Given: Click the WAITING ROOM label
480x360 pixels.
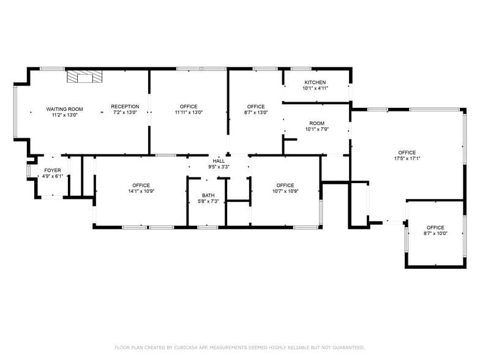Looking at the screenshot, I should coord(64,110).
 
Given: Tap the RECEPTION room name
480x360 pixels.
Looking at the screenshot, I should coord(125,107).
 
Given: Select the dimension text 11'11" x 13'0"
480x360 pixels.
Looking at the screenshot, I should coord(189,113).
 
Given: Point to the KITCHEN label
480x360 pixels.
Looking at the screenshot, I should coord(315,82).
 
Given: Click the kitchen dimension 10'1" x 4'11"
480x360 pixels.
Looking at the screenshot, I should coord(315,88).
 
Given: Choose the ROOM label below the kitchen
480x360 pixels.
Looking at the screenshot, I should coord(317,123).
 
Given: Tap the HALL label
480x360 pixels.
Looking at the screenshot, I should coord(219,161).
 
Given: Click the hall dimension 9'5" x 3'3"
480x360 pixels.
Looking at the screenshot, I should coord(219,167).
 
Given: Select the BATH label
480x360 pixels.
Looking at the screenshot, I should coord(208,195).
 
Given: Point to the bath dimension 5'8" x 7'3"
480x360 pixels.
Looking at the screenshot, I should coord(208,201).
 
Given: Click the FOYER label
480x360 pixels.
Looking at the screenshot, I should coord(52,170).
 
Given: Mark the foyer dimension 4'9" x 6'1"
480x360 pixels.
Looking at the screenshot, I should coord(52,176).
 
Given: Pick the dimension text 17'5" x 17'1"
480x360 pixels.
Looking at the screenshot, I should coord(407,159).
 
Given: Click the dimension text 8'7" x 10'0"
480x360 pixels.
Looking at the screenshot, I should coord(435,233).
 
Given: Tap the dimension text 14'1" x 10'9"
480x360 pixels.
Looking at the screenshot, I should coord(141,191).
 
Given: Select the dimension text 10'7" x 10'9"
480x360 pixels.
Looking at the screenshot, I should coord(285,191).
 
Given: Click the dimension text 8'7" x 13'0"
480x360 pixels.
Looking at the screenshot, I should coord(256,113).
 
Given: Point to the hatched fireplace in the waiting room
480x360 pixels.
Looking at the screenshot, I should coord(84,77).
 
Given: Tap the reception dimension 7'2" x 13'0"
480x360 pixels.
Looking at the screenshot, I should coord(125,113).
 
